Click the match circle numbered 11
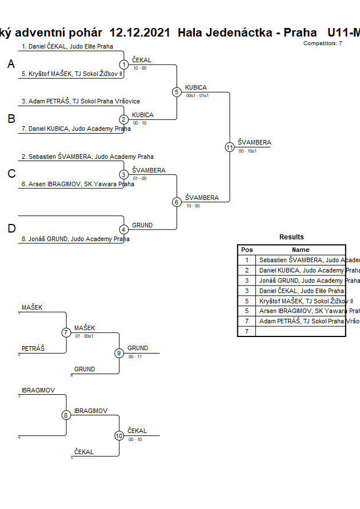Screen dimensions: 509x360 click(x=230, y=147)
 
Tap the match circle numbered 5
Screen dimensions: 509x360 click(x=177, y=92)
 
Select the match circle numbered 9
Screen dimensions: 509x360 click(x=119, y=353)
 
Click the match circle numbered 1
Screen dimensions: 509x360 click(x=123, y=65)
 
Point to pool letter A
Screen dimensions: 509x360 click(x=11, y=65)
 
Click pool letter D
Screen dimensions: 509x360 click(x=11, y=229)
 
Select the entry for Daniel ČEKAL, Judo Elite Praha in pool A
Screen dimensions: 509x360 click(x=67, y=46)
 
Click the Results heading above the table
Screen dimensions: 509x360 click(x=291, y=237)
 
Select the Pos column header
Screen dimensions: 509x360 click(x=247, y=250)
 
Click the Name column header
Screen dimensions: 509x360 click(x=301, y=250)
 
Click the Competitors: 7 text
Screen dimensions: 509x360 click(x=322, y=43)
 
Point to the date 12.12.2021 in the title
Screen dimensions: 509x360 click(x=139, y=33)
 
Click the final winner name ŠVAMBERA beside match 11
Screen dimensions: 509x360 click(x=254, y=143)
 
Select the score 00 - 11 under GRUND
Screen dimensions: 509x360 click(x=135, y=356)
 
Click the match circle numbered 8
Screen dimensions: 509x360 click(x=66, y=415)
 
